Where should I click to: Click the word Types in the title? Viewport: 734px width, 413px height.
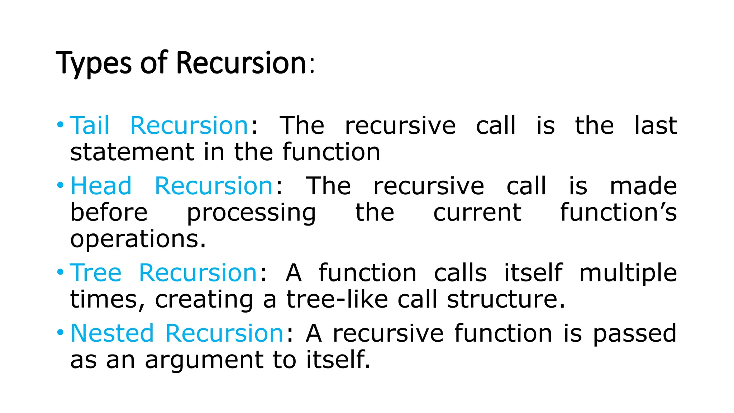[x=94, y=63]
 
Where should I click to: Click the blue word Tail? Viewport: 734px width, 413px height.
[x=90, y=125]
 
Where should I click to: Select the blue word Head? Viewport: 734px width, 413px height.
[x=101, y=186]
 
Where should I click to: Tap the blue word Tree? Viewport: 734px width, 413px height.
[x=96, y=273]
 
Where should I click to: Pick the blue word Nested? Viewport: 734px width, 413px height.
[x=112, y=333]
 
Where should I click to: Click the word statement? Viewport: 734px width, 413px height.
[x=132, y=152]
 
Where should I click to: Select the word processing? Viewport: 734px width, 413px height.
[x=251, y=213]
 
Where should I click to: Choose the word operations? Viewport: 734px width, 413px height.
[x=138, y=239]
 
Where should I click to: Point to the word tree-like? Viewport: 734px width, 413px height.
[x=337, y=299]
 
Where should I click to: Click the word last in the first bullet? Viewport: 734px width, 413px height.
[x=656, y=125]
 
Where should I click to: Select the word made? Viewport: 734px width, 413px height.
[x=643, y=186]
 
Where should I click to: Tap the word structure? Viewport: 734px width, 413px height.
[x=506, y=299]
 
